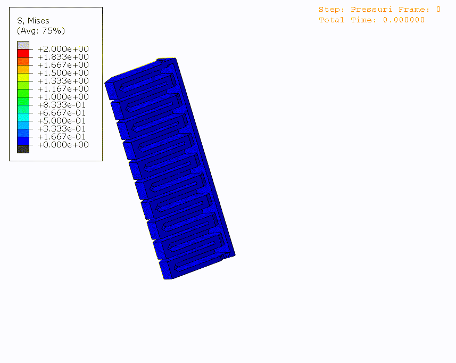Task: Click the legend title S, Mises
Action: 33,21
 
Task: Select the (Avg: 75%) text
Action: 41,30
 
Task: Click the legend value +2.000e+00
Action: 63,48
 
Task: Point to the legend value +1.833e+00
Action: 63,57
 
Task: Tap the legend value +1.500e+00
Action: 63,73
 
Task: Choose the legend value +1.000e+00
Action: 63,96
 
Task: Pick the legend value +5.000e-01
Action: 62,121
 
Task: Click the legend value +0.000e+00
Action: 63,145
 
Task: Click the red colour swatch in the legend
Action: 23,53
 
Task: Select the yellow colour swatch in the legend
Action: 23,77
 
